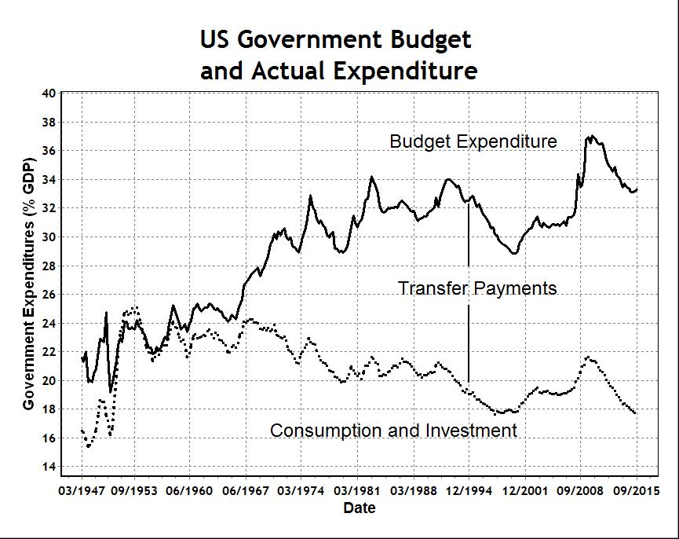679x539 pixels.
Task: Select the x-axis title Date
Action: pyautogui.click(x=360, y=508)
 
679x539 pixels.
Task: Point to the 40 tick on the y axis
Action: pyautogui.click(x=49, y=93)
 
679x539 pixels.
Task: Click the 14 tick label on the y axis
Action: pyautogui.click(x=49, y=467)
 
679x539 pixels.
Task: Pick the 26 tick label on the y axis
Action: pyautogui.click(x=49, y=295)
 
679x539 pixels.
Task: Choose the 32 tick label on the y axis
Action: pyautogui.click(x=49, y=208)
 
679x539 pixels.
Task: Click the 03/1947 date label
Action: pyautogui.click(x=82, y=491)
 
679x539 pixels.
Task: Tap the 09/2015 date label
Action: pyautogui.click(x=636, y=491)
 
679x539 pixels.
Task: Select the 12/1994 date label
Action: pyautogui.click(x=469, y=491)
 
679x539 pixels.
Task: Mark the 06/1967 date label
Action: pyautogui.click(x=246, y=491)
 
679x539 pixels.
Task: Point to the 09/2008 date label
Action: pyautogui.click(x=580, y=491)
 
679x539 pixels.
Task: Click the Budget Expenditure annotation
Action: pyautogui.click(x=473, y=141)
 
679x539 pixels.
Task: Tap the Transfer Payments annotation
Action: pyautogui.click(x=477, y=288)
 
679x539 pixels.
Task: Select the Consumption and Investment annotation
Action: pyautogui.click(x=393, y=431)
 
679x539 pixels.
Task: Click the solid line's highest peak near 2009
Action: pyautogui.click(x=591, y=137)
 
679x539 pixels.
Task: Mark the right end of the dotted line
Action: pyautogui.click(x=635, y=413)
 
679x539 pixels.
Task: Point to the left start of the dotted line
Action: pyautogui.click(x=82, y=430)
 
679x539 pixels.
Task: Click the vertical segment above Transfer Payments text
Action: pyautogui.click(x=469, y=240)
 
